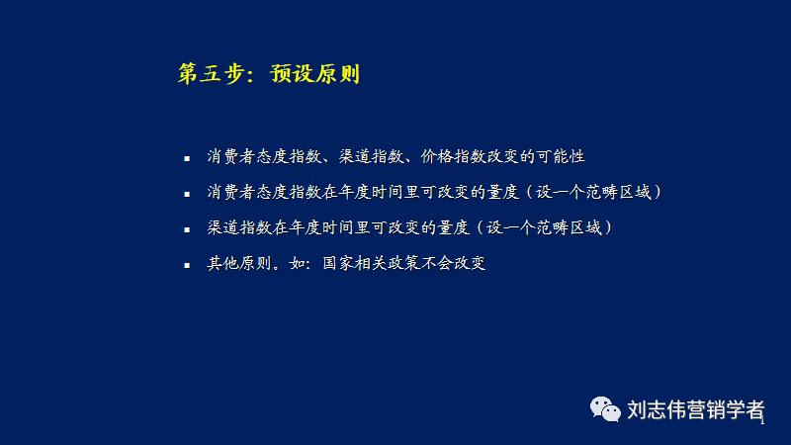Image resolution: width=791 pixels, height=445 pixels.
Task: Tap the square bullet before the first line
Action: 187,158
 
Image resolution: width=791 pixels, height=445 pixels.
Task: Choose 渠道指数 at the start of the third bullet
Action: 238,227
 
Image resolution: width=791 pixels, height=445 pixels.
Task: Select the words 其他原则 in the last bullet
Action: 238,264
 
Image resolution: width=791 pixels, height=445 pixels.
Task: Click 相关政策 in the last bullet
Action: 390,264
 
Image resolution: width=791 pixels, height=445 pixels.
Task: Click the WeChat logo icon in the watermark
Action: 604,409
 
